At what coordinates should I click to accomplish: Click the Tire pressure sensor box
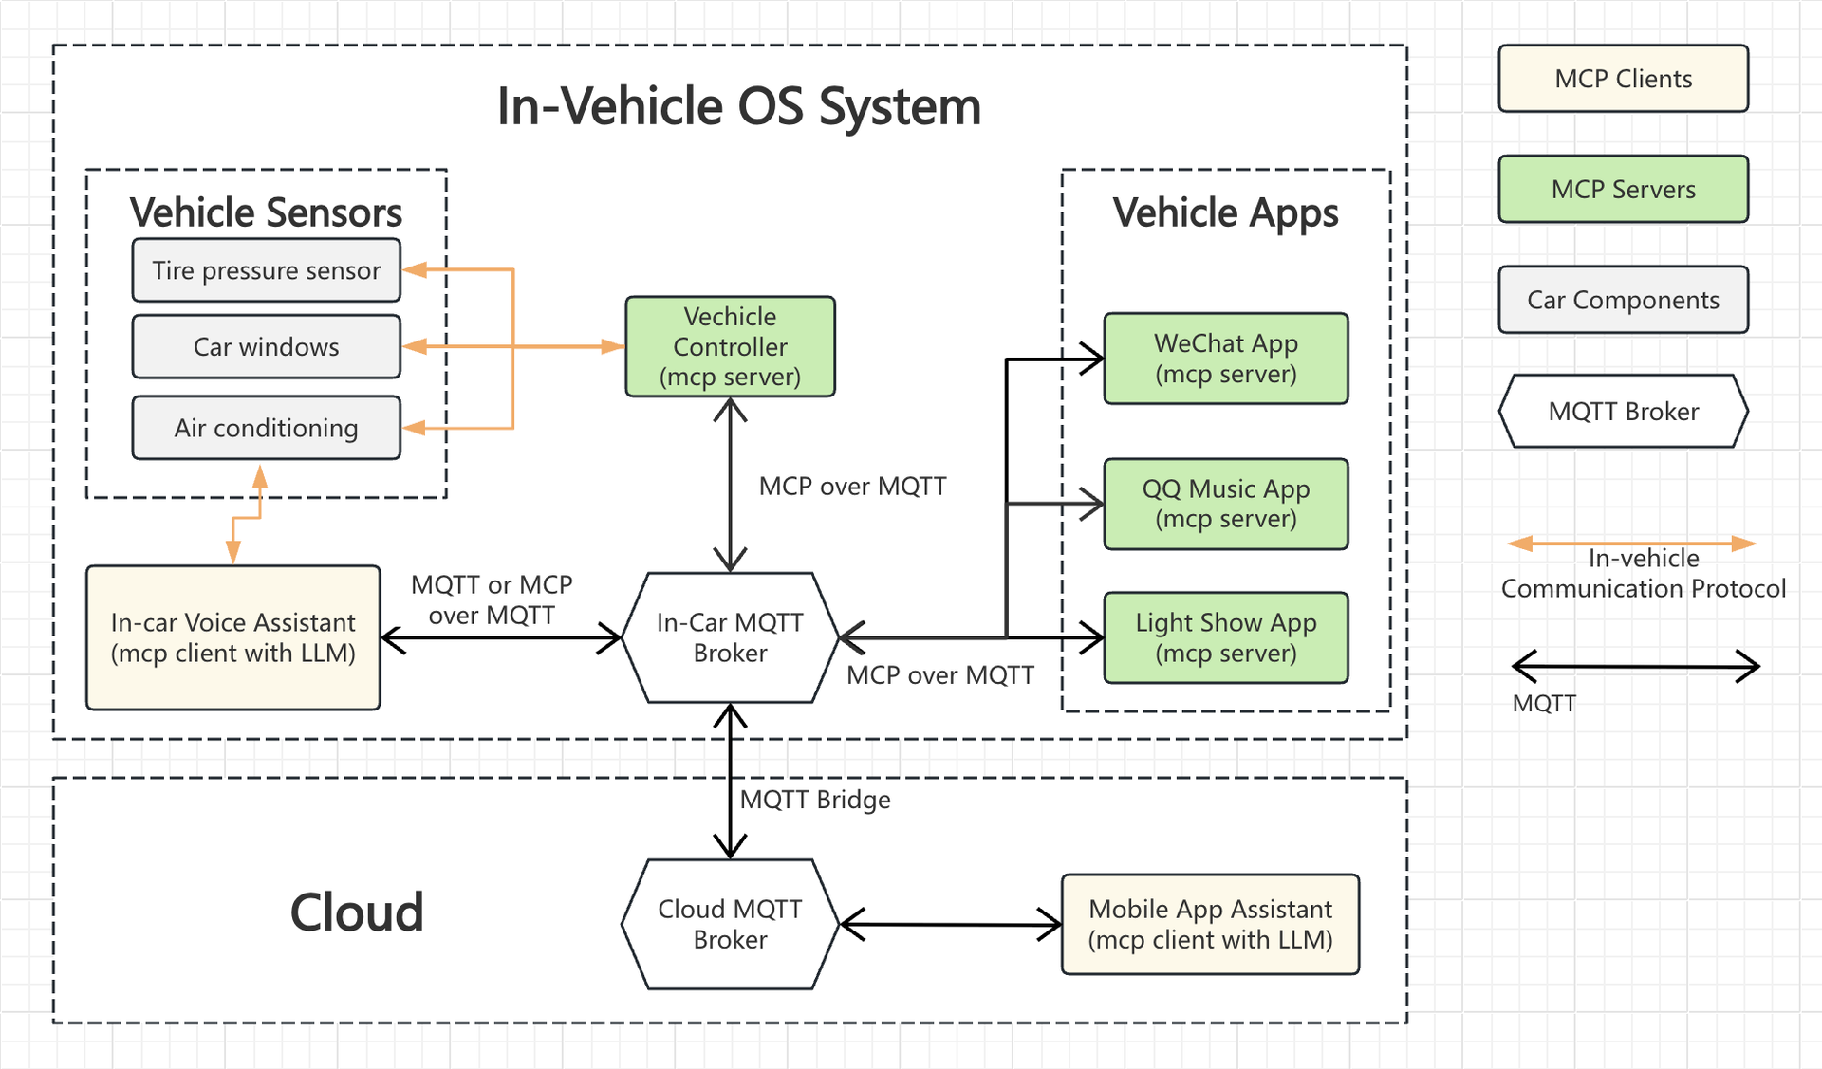266,270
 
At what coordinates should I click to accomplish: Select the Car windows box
266,347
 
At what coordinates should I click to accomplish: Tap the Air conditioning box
266,428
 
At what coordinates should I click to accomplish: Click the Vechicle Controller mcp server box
730,346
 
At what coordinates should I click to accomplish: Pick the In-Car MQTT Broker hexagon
730,637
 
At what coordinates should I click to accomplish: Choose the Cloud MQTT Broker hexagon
730,924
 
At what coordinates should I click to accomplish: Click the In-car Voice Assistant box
232,637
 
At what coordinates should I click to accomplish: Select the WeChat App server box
1225,359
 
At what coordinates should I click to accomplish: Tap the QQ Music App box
1225,504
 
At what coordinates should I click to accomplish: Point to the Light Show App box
1225,637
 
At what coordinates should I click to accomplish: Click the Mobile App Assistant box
1210,924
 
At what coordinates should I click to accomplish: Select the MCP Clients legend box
1623,79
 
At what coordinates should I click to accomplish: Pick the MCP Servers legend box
1623,189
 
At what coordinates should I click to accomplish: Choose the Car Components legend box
1623,300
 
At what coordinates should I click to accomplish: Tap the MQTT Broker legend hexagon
1623,411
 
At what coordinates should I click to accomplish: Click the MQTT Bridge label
815,800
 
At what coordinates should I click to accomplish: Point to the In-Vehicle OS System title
738,106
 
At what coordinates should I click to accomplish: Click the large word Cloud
357,912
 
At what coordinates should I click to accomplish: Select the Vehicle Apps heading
1225,212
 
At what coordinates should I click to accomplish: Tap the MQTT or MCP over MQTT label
492,599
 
